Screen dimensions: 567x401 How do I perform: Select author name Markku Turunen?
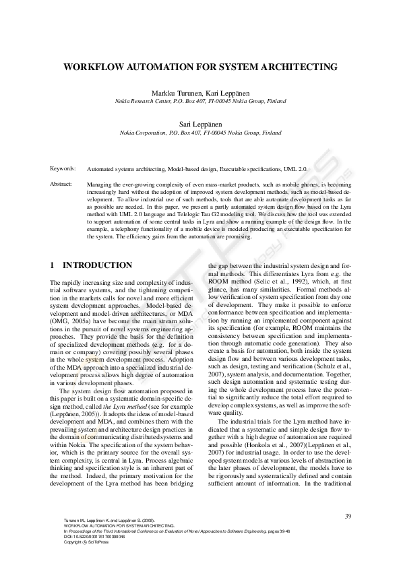click(x=177, y=92)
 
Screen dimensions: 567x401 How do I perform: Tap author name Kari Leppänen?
click(x=226, y=92)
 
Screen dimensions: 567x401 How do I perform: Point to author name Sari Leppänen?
click(x=200, y=125)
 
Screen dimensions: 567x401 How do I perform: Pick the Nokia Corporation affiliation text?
click(x=148, y=133)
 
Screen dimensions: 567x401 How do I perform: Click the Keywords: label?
click(x=63, y=168)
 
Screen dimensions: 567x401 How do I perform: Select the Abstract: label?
click(x=61, y=183)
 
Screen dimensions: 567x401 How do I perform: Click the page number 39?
click(x=348, y=516)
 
